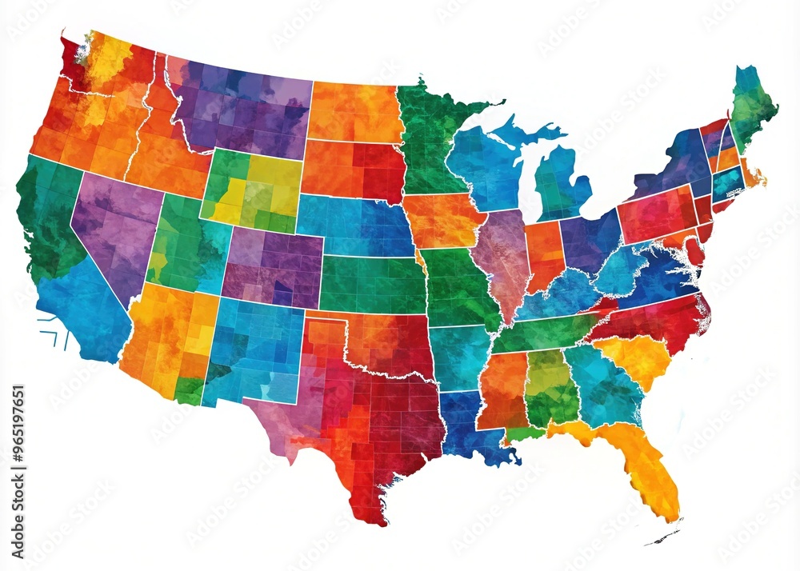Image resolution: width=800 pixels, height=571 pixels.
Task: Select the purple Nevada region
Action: (x=116, y=228)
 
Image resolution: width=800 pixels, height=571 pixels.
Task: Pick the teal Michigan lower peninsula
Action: (x=560, y=184)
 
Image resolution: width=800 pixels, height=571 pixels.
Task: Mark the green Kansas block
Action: (x=372, y=284)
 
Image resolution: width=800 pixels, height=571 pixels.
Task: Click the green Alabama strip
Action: (x=550, y=388)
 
